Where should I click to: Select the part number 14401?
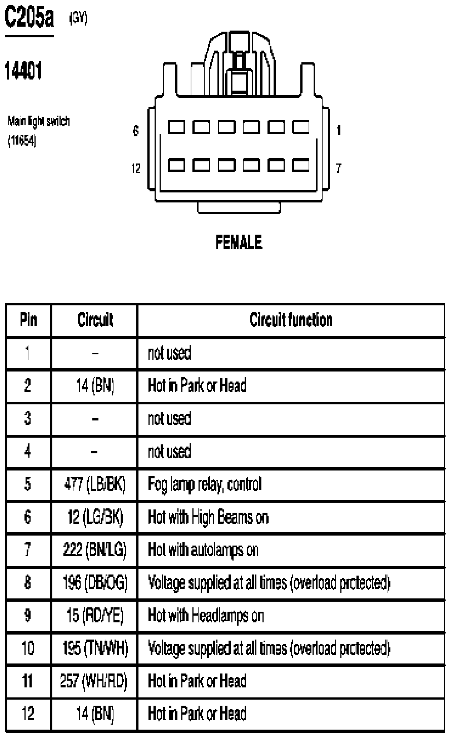click(x=23, y=71)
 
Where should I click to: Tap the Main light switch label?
click(x=39, y=122)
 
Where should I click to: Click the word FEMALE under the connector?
click(x=239, y=242)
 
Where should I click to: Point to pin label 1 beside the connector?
click(x=339, y=131)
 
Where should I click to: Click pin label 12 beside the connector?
click(x=136, y=169)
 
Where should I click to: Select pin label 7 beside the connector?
click(x=338, y=169)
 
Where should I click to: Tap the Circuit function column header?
click(x=291, y=320)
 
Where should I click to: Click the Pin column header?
click(x=28, y=320)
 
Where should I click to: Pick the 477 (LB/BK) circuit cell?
click(x=95, y=484)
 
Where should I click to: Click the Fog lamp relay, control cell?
click(x=205, y=484)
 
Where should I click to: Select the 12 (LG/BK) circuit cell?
click(x=95, y=517)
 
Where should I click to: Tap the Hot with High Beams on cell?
click(x=208, y=517)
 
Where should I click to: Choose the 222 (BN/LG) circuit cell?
click(x=95, y=550)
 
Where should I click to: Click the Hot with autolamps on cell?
click(x=203, y=550)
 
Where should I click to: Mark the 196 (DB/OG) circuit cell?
click(x=95, y=583)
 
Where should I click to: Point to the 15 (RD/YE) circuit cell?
click(x=95, y=616)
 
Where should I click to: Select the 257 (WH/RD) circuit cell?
click(x=93, y=681)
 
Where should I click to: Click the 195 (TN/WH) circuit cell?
click(x=95, y=648)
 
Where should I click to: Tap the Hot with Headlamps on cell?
click(x=206, y=616)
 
